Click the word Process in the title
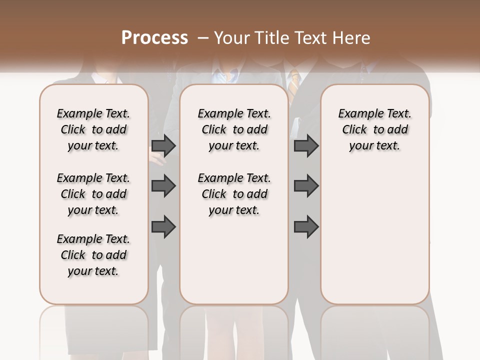[x=154, y=38]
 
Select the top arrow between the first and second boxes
[x=163, y=145]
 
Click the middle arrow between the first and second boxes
[x=163, y=186]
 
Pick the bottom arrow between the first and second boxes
[x=163, y=226]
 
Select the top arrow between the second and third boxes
[x=306, y=145]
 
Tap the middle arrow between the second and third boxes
[x=306, y=186]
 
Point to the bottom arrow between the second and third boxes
[x=306, y=226]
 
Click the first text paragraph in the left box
[x=93, y=129]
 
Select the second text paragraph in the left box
[x=93, y=194]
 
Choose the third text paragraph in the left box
[x=93, y=255]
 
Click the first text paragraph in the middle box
[x=234, y=129]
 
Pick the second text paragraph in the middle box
[x=234, y=194]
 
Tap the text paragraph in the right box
[x=374, y=129]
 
